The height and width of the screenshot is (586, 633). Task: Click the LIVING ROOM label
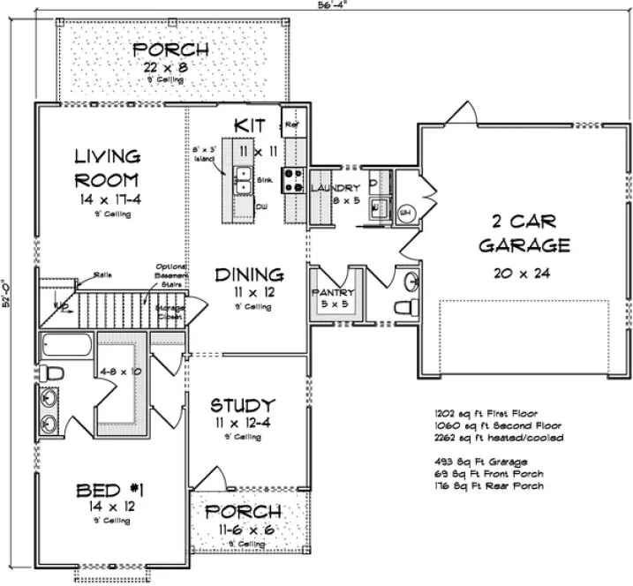[107, 168]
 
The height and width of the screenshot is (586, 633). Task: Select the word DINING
[249, 274]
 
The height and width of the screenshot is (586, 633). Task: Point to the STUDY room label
[242, 406]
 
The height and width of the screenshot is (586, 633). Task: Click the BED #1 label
[107, 491]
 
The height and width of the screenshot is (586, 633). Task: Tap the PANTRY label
[333, 292]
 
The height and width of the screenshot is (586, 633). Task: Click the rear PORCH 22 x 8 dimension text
[170, 65]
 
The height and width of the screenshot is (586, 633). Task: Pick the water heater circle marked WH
[407, 213]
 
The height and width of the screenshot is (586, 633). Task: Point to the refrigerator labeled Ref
[290, 124]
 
